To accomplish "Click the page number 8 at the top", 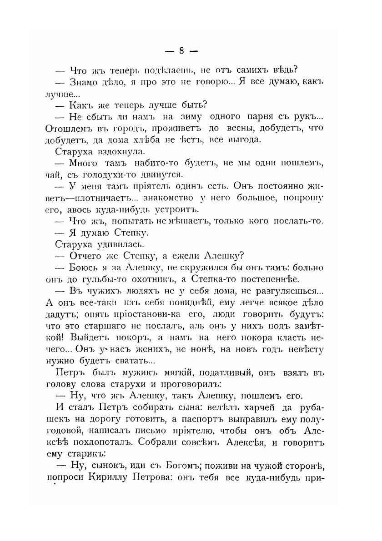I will point(181,50).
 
